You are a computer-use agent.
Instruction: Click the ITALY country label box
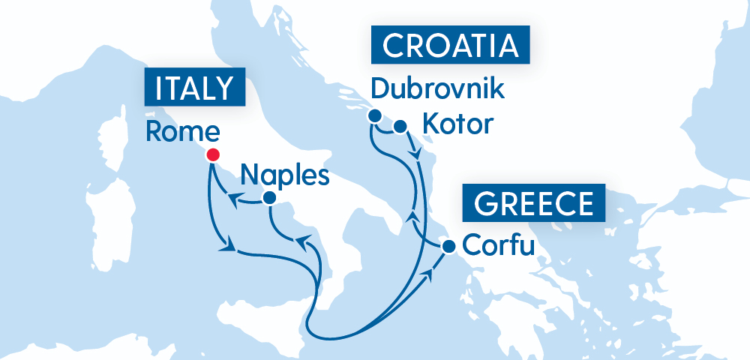coord(195,88)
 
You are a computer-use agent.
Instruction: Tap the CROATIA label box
coord(450,46)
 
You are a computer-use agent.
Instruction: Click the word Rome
coord(182,132)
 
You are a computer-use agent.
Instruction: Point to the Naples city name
coord(285,175)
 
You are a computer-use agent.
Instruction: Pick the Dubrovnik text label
coord(438,89)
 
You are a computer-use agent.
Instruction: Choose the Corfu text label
coord(499,244)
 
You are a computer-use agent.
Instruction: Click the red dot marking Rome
coord(212,155)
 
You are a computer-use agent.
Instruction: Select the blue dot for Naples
coord(268,198)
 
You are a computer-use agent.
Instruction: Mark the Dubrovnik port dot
coord(373,115)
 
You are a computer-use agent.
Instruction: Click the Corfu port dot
coord(448,246)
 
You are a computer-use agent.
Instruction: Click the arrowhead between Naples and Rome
coord(234,199)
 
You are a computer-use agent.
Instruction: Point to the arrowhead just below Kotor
coord(415,155)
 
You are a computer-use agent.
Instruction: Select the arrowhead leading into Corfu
coord(430,276)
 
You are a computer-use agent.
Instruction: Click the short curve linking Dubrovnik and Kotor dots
coord(386,129)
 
